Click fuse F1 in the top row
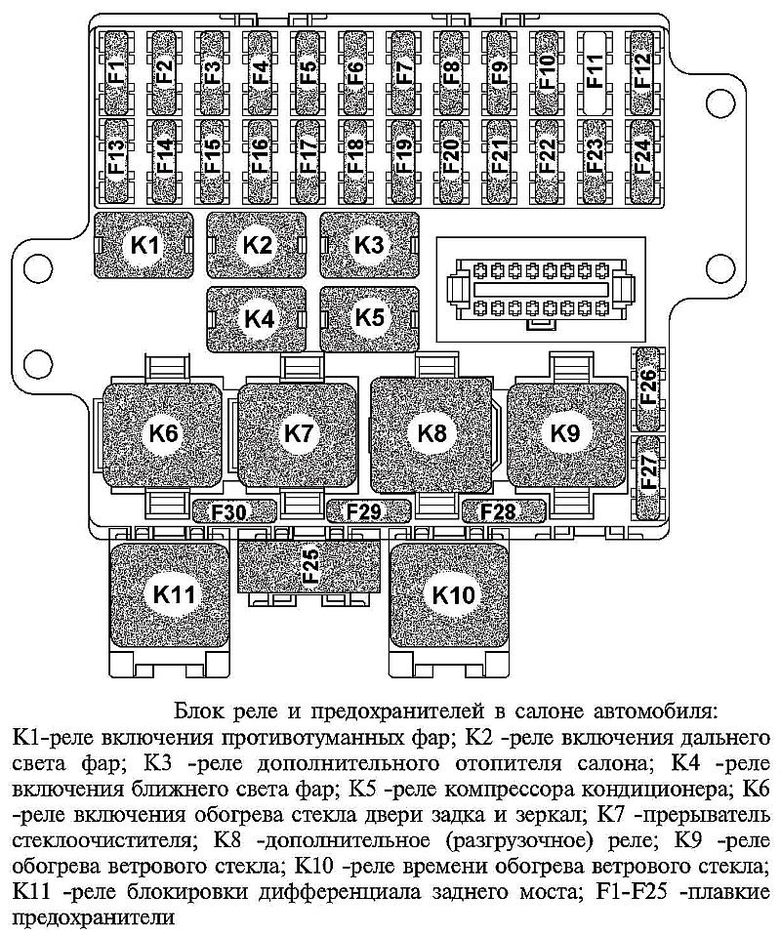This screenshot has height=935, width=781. click(x=116, y=71)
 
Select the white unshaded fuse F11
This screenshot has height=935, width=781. click(x=595, y=71)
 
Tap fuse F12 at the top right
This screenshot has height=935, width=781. click(x=642, y=71)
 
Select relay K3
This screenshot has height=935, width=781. click(x=369, y=246)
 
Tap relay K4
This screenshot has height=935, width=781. click(x=258, y=318)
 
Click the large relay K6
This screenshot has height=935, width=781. click(x=164, y=433)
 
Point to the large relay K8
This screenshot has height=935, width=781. click(x=432, y=433)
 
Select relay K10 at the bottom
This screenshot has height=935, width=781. click(x=452, y=594)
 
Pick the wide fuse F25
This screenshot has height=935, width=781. click(x=309, y=567)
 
